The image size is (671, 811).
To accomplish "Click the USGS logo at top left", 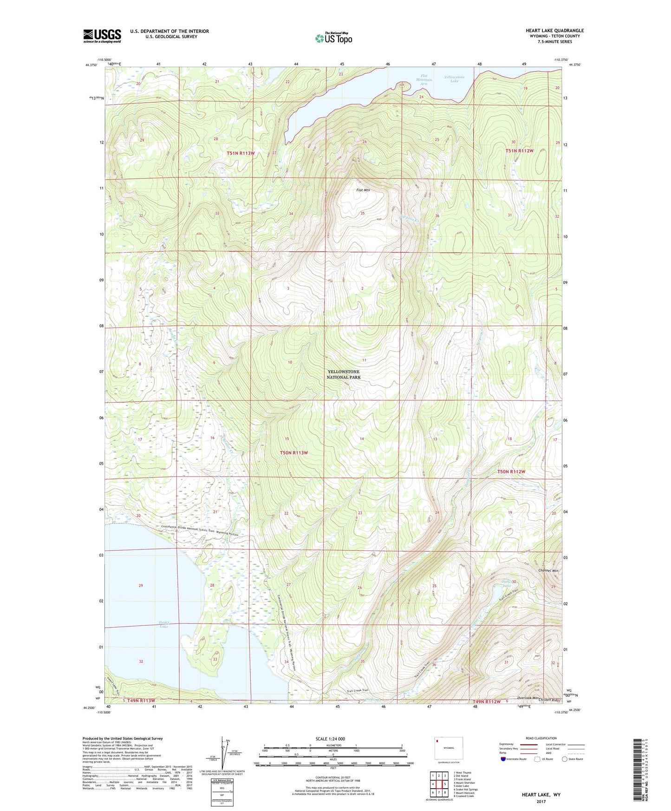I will (x=102, y=36).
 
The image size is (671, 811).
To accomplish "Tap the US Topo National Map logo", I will (x=333, y=38).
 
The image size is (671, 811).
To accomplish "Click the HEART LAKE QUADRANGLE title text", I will (x=554, y=31).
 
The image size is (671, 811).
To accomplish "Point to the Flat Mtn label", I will (x=363, y=190).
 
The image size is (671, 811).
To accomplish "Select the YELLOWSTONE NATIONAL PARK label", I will (x=344, y=374).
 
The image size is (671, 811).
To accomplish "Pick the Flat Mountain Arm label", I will (x=423, y=79).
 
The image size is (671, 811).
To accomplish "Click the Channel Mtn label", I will (x=548, y=570).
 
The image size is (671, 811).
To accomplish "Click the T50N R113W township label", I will (x=293, y=452).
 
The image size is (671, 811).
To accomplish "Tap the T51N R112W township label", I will (x=520, y=151).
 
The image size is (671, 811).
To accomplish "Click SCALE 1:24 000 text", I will (x=330, y=739).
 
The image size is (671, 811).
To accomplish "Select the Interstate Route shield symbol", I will (x=503, y=759).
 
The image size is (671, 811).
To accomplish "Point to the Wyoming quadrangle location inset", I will (x=449, y=749).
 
